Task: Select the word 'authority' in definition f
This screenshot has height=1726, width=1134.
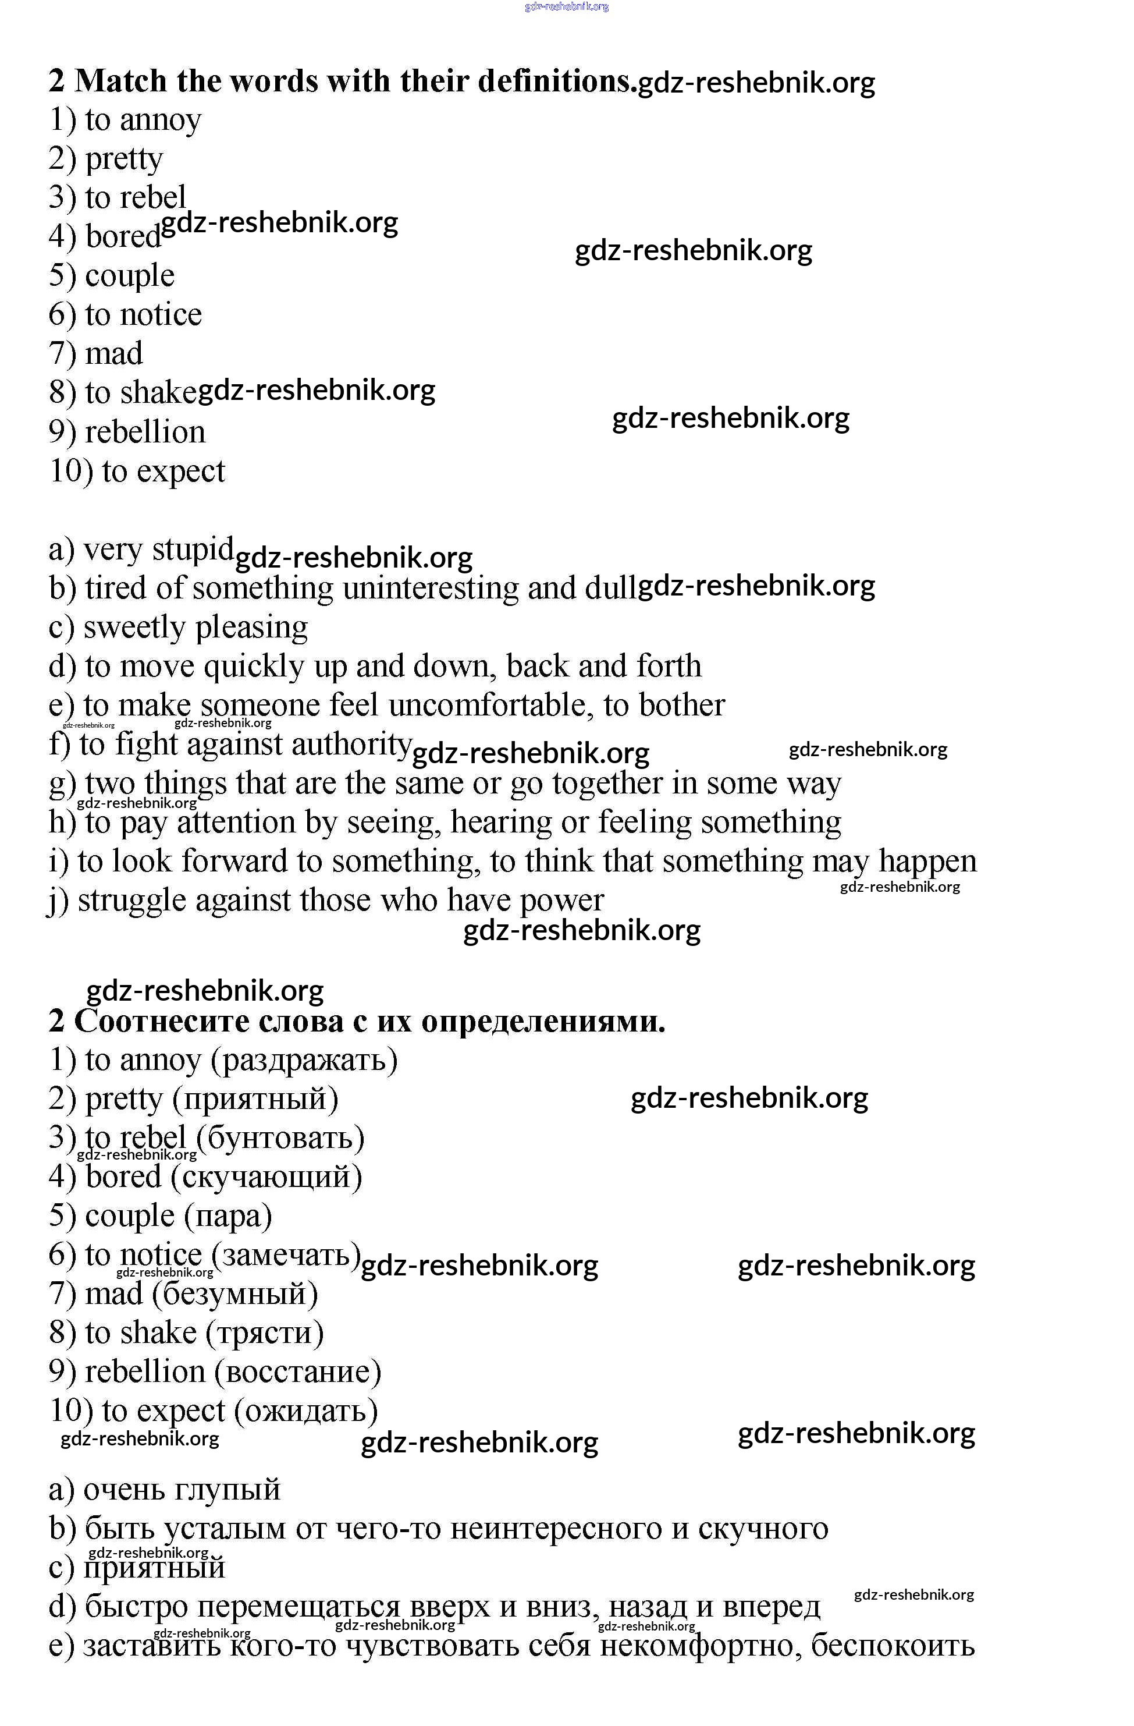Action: pos(351,745)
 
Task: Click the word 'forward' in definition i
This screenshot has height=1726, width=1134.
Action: pos(235,862)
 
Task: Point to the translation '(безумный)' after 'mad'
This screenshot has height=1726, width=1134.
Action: pos(236,1294)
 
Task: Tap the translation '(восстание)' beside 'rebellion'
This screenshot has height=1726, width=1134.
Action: pos(298,1372)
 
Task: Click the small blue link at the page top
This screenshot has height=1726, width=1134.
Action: pos(566,6)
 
